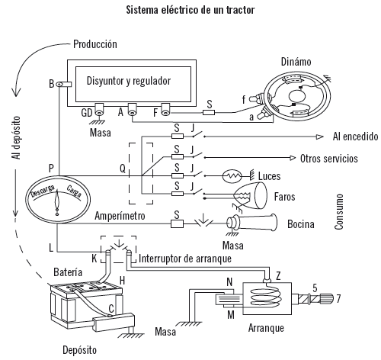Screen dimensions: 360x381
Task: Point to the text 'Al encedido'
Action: pyautogui.click(x=355, y=137)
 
